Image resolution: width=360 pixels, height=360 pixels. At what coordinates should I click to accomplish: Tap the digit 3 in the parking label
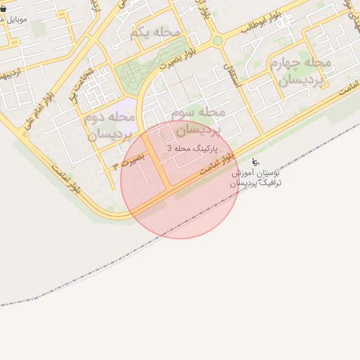pyautogui.click(x=169, y=148)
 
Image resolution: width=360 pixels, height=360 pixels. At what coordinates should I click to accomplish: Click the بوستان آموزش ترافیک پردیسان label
pyautogui.click(x=257, y=177)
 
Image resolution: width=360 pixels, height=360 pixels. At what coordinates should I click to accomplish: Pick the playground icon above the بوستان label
pyautogui.click(x=255, y=163)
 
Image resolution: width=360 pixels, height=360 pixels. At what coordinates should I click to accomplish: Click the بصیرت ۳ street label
pyautogui.click(x=131, y=160)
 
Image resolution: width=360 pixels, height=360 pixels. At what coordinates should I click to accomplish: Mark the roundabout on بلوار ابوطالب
pyautogui.click(x=218, y=41)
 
